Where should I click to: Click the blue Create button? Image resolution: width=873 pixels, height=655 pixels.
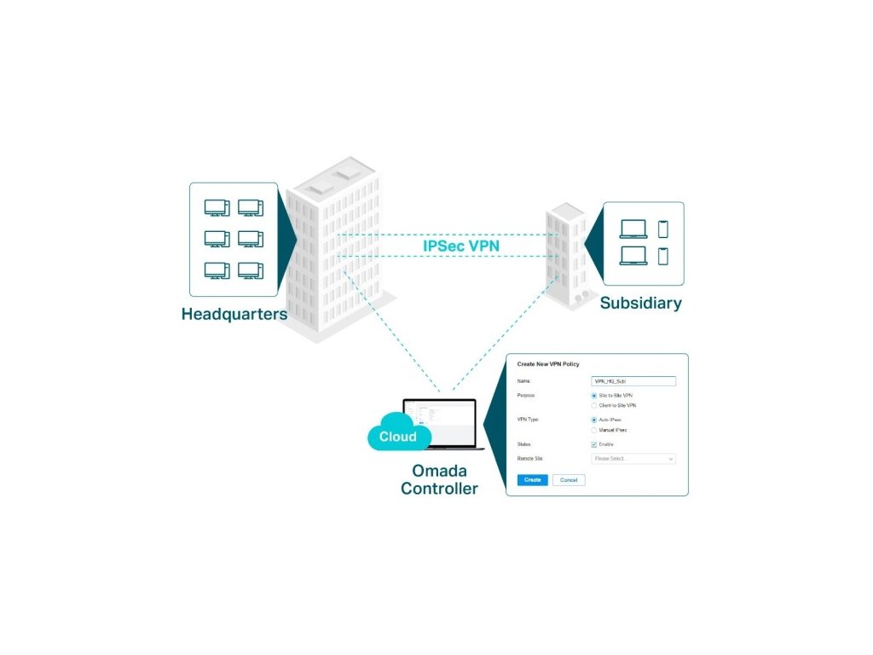pyautogui.click(x=532, y=480)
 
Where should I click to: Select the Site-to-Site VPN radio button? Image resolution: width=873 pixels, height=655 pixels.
pyautogui.click(x=594, y=396)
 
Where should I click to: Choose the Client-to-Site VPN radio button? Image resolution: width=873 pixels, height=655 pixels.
pyautogui.click(x=594, y=405)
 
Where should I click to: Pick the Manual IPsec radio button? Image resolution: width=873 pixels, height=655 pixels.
pyautogui.click(x=594, y=430)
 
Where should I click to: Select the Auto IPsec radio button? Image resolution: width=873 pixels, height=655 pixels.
pyautogui.click(x=594, y=420)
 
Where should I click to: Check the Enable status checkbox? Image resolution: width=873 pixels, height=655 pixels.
pyautogui.click(x=594, y=444)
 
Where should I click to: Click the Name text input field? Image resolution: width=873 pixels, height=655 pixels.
pyautogui.click(x=633, y=381)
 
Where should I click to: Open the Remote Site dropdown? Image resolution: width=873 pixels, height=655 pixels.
pyautogui.click(x=633, y=459)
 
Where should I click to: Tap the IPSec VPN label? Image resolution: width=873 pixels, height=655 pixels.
pyautogui.click(x=461, y=246)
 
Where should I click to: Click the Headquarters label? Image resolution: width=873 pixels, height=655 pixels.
pyautogui.click(x=234, y=314)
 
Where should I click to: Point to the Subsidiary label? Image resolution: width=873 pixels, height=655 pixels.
pyautogui.click(x=640, y=303)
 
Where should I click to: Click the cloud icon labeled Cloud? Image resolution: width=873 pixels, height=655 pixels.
pyautogui.click(x=397, y=434)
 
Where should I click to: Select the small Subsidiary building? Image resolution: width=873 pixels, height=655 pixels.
pyautogui.click(x=566, y=256)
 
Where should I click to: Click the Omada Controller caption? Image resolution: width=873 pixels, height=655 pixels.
pyautogui.click(x=439, y=479)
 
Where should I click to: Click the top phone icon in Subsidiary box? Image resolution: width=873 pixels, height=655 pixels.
pyautogui.click(x=663, y=229)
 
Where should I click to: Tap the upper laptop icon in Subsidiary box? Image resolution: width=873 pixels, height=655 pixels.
pyautogui.click(x=633, y=229)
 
